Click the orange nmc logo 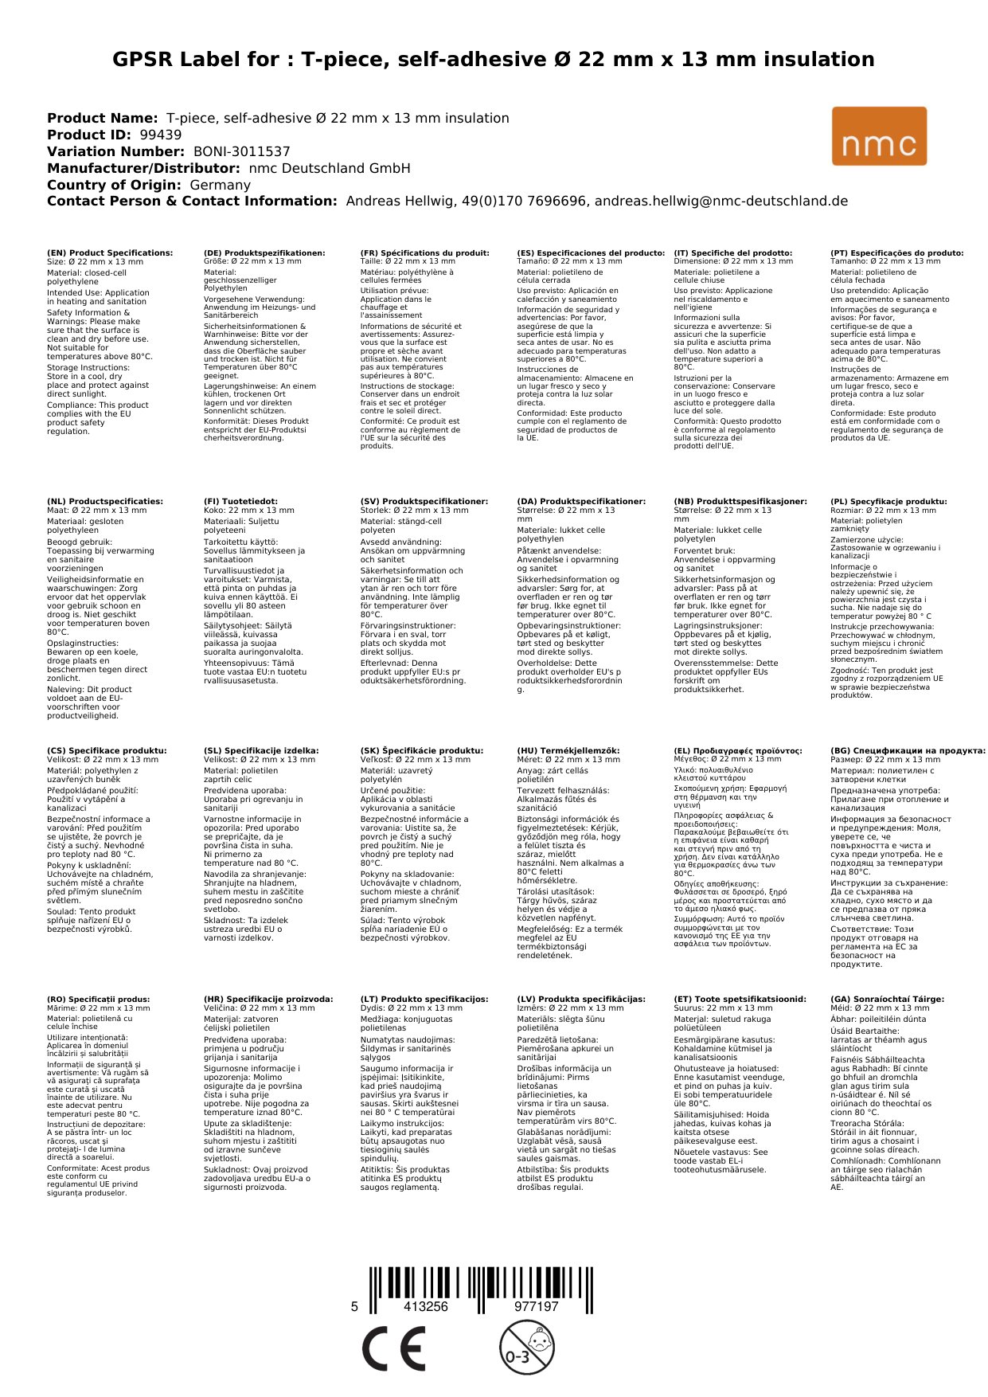click(x=879, y=136)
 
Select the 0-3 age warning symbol click(x=526, y=1347)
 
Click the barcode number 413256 click(x=426, y=1306)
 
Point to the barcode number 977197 click(x=536, y=1306)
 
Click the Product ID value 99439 click(x=160, y=135)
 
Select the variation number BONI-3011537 click(x=242, y=151)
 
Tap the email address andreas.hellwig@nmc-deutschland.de click(x=721, y=202)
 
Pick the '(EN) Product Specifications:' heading click(x=110, y=253)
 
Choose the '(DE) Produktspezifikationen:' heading click(x=264, y=253)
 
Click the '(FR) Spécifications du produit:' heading click(x=424, y=253)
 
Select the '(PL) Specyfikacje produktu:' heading click(x=888, y=502)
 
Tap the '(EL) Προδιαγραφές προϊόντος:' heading click(x=738, y=750)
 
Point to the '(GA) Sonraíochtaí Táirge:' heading click(x=887, y=999)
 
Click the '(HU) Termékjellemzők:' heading click(x=568, y=750)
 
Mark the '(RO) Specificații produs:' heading click(x=98, y=999)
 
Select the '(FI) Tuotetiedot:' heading click(x=240, y=502)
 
